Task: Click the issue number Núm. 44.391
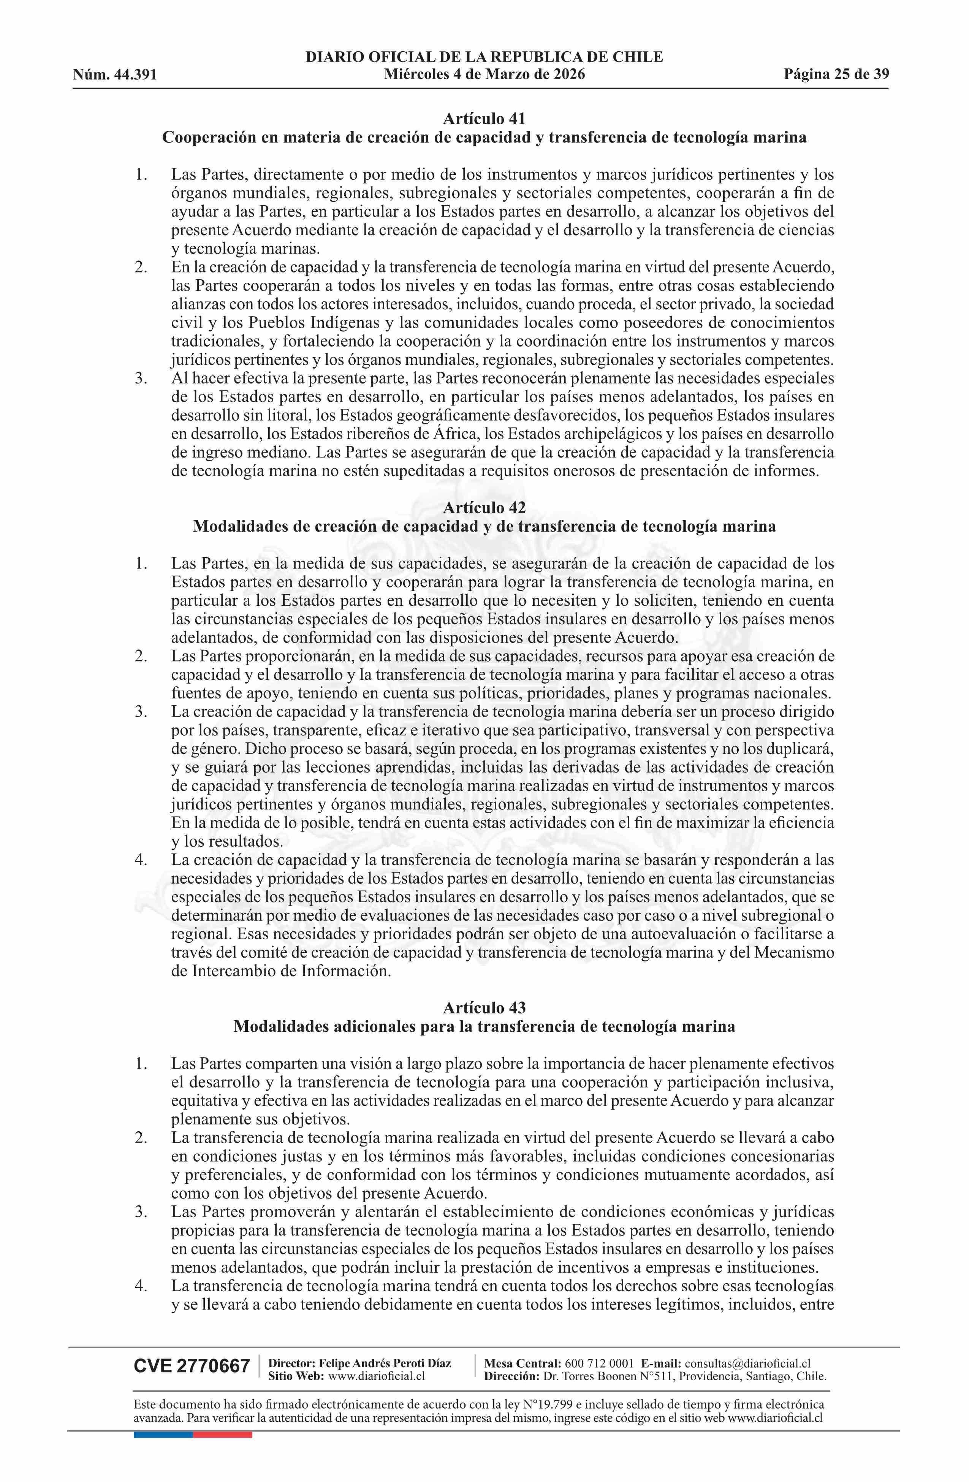[115, 75]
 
